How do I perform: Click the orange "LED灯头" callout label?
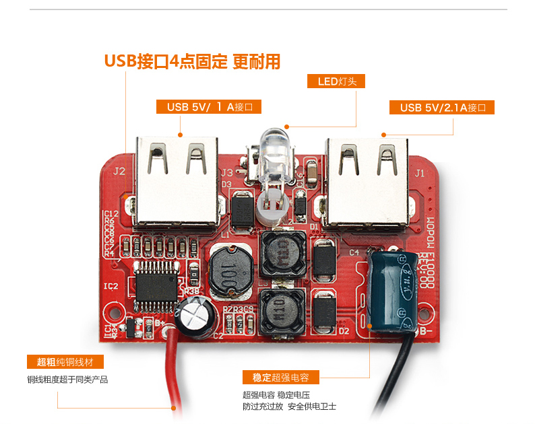(x=340, y=81)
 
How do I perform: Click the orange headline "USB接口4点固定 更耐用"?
(x=192, y=61)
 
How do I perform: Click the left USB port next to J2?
(x=178, y=182)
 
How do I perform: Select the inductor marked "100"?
(x=230, y=272)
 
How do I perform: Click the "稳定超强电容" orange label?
(x=281, y=377)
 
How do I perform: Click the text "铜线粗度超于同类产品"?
(x=67, y=380)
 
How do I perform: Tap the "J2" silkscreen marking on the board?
(x=119, y=171)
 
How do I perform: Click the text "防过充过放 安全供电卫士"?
(x=289, y=407)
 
